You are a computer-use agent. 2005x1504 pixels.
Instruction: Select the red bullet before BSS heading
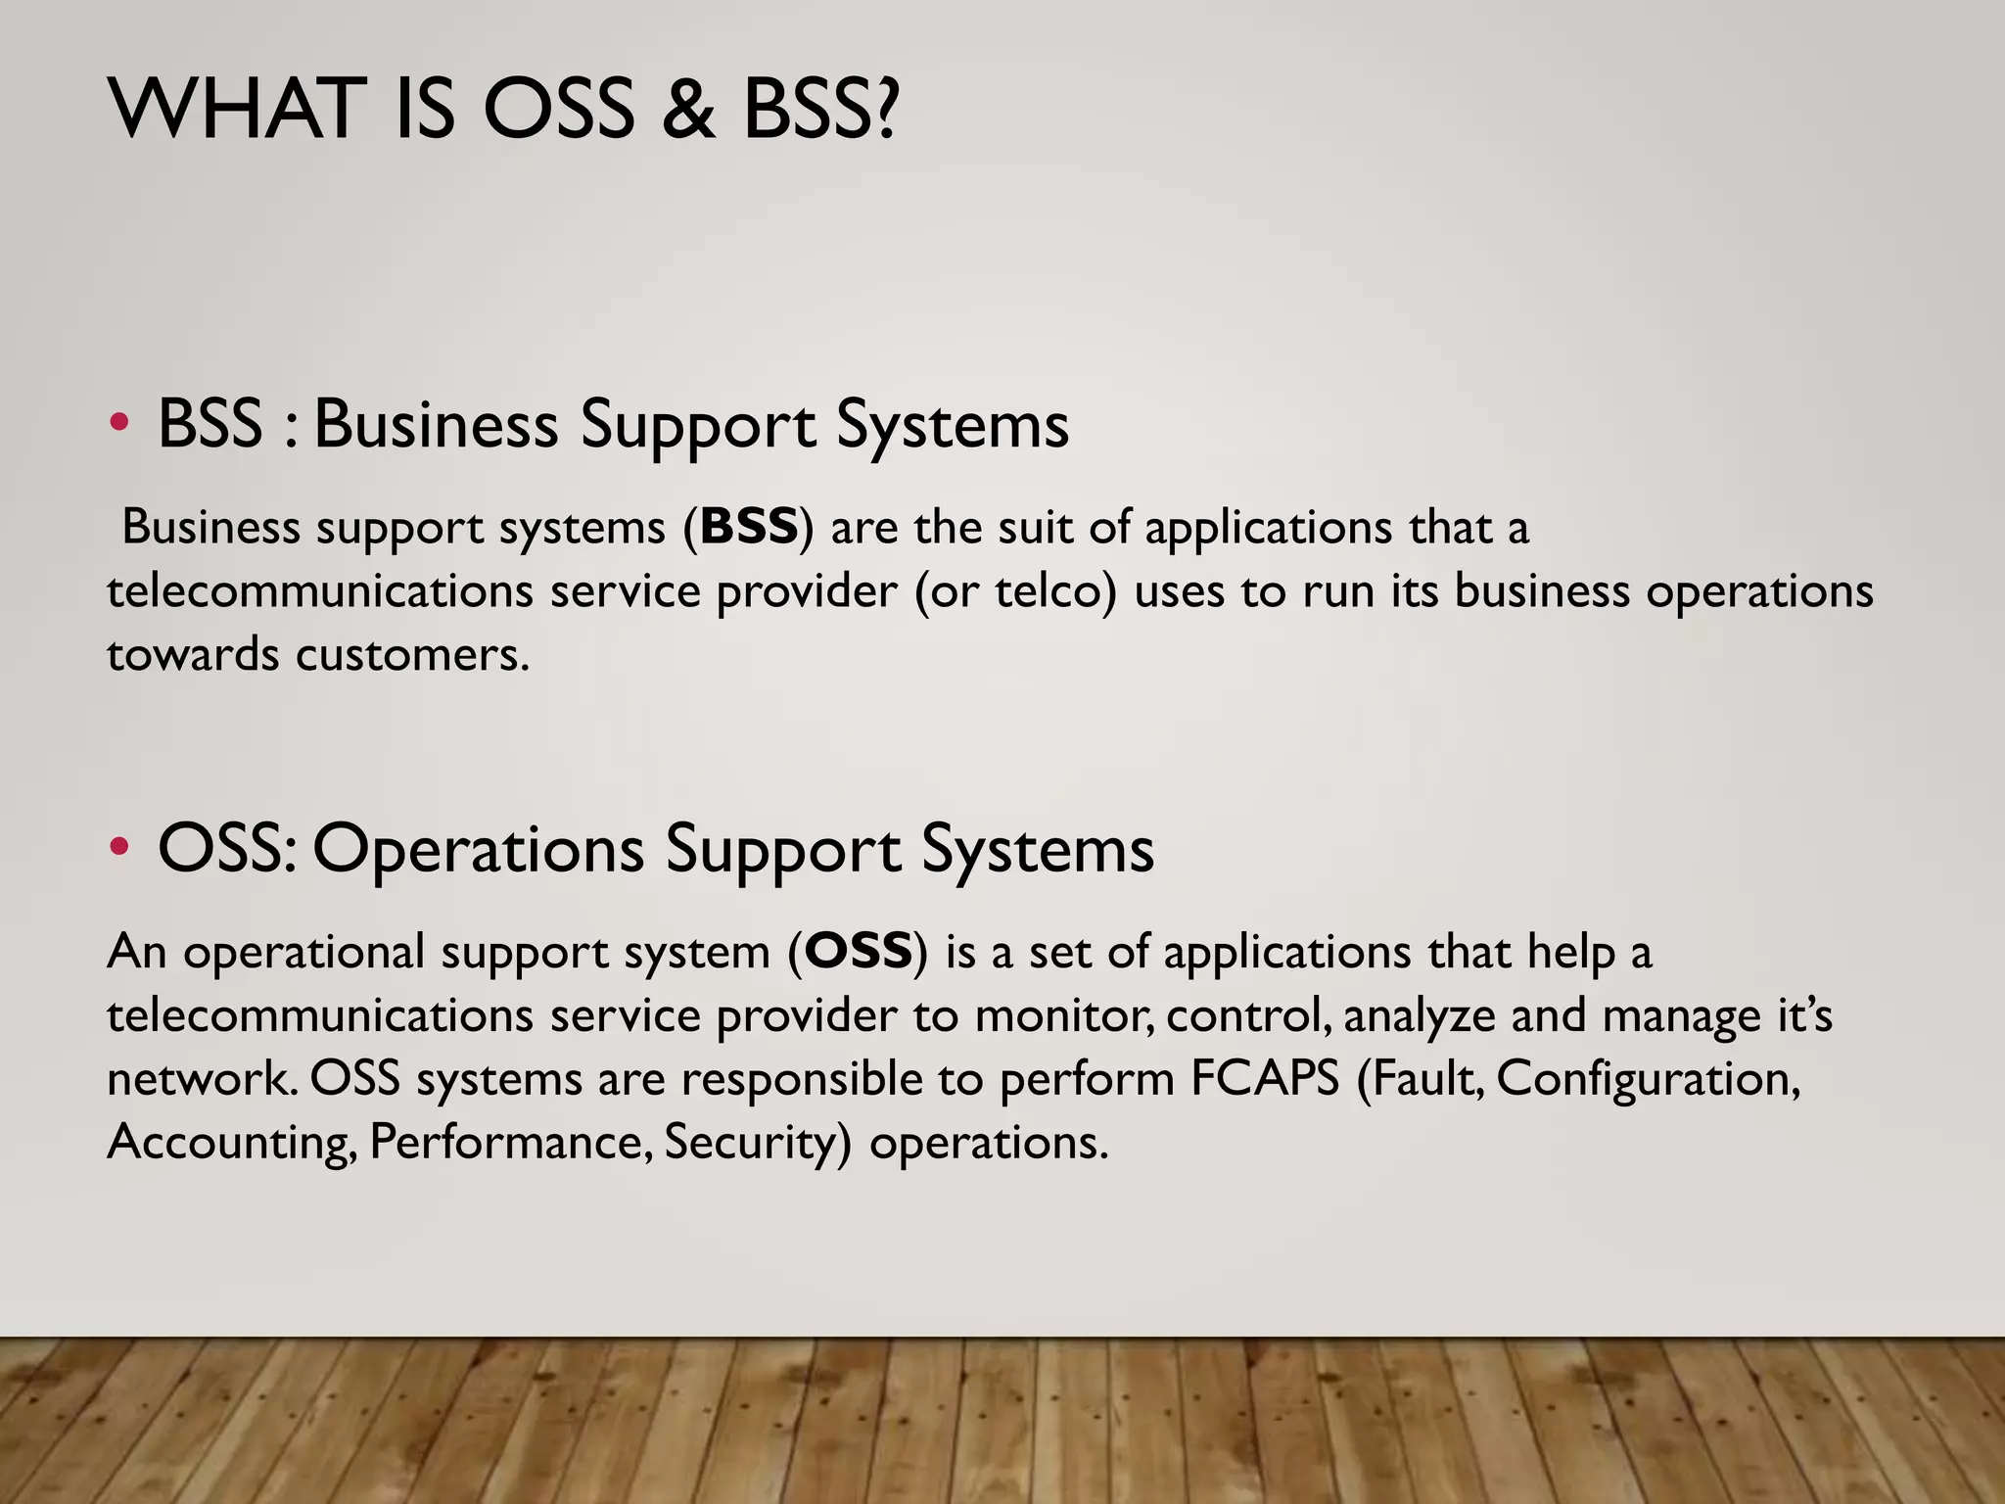point(118,423)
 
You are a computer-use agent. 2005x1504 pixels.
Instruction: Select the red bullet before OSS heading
point(118,847)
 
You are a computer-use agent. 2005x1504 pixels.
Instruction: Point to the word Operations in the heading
point(478,849)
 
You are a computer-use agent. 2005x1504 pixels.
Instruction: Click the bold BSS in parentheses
point(750,527)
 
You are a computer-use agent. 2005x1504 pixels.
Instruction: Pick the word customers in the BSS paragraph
point(412,654)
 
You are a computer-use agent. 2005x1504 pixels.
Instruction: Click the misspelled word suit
point(1036,527)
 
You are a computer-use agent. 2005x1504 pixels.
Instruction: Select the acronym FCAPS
point(1265,1078)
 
